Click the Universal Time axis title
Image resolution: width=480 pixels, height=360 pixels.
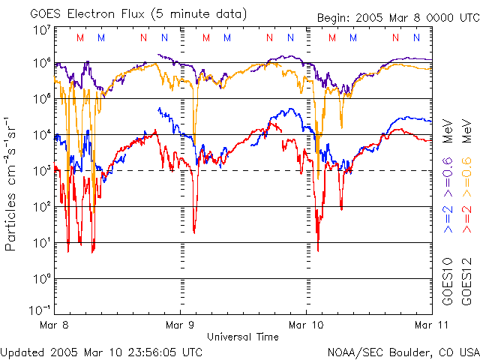pos(242,337)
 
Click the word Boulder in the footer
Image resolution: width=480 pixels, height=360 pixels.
pos(403,352)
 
